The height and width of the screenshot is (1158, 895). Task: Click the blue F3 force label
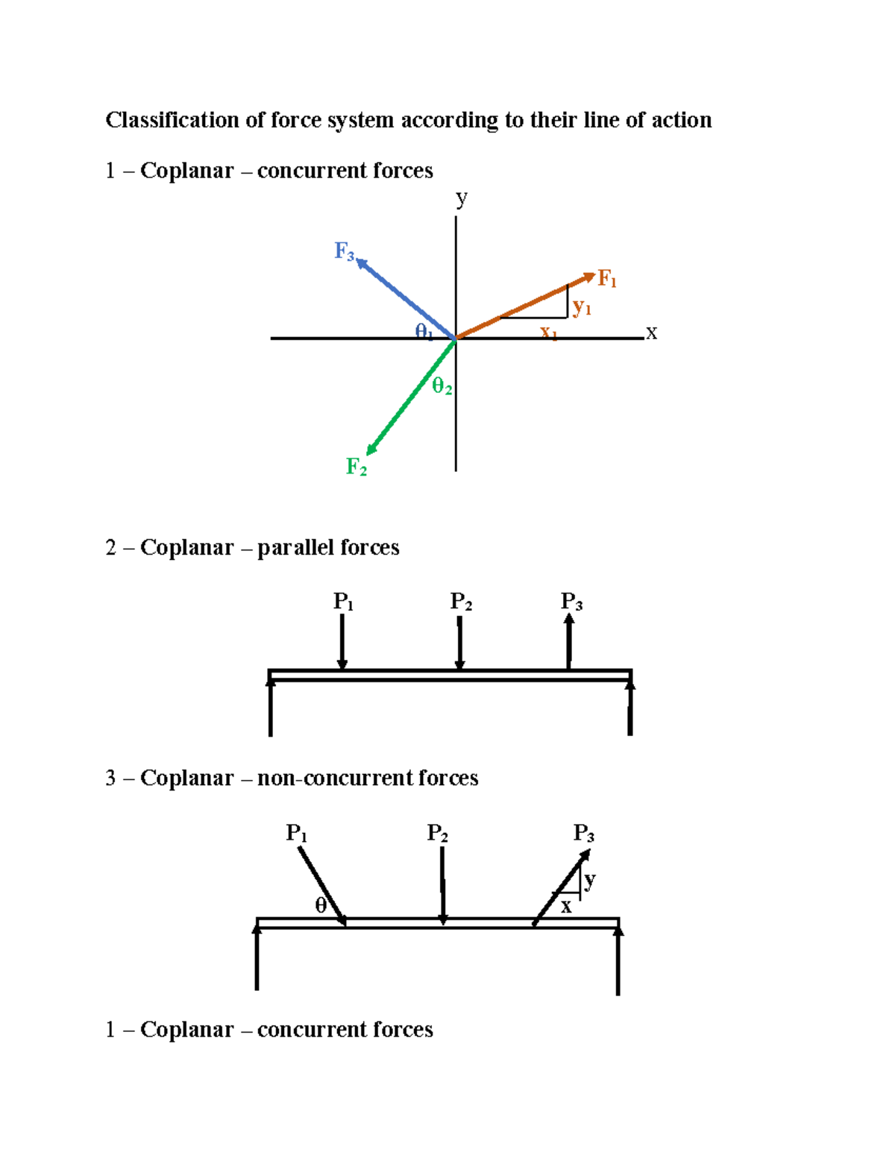tap(344, 251)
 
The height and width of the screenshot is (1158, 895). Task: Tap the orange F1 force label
tap(607, 280)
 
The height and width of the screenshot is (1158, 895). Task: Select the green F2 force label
tap(356, 468)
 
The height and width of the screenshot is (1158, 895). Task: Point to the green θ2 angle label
tap(442, 386)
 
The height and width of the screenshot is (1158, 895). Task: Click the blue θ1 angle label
tap(424, 331)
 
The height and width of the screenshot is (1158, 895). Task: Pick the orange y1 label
tap(582, 307)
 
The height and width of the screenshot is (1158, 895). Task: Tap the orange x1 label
tap(549, 333)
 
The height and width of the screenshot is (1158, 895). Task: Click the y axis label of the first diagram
tap(462, 198)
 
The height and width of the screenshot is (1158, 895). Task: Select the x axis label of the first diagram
tap(652, 333)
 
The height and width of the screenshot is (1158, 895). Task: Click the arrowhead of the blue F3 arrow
tap(362, 263)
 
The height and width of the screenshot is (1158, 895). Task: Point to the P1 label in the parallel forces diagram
tap(343, 602)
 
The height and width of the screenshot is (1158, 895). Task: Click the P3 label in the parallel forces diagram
tap(571, 602)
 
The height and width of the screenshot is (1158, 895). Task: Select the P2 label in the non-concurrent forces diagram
tap(437, 833)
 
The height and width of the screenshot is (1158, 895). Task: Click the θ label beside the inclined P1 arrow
tap(321, 905)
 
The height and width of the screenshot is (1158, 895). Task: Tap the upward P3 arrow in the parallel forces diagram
tap(569, 641)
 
